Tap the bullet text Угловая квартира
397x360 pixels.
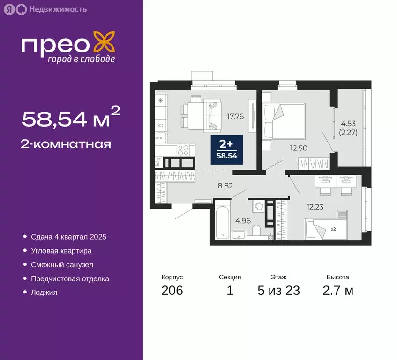tap(61, 251)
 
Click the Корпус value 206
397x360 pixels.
tap(172, 291)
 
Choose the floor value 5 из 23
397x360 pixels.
tap(278, 291)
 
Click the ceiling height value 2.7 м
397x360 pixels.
tap(337, 291)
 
